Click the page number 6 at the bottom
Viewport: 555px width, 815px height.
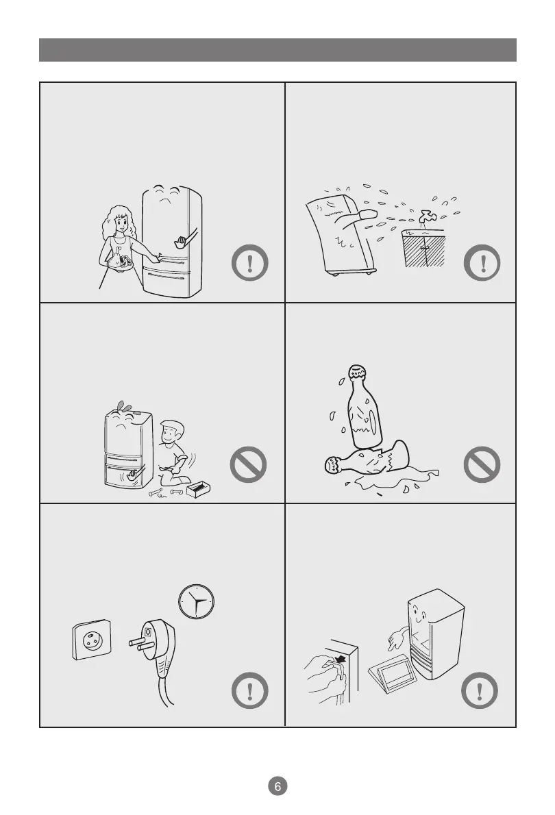tap(277, 786)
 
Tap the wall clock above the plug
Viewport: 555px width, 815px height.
tap(196, 601)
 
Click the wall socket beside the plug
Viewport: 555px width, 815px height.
tap(92, 640)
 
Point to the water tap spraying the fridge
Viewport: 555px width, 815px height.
tap(427, 217)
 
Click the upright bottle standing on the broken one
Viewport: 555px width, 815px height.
tap(364, 406)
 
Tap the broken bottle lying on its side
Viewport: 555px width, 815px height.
tap(367, 458)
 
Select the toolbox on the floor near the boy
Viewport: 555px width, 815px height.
tap(198, 489)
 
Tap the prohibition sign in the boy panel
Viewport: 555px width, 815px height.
tap(248, 464)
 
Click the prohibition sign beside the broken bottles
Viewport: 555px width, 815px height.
tap(482, 464)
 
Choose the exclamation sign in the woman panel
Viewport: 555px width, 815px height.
tap(249, 262)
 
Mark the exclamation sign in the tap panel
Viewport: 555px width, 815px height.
tap(482, 262)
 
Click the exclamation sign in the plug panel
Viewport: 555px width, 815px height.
tap(249, 690)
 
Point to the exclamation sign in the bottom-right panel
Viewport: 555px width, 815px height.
tap(480, 690)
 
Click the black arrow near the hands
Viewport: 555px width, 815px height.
tap(340, 659)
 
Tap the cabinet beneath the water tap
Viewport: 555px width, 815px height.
tap(424, 248)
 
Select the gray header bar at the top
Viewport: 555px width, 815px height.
tap(277, 50)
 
